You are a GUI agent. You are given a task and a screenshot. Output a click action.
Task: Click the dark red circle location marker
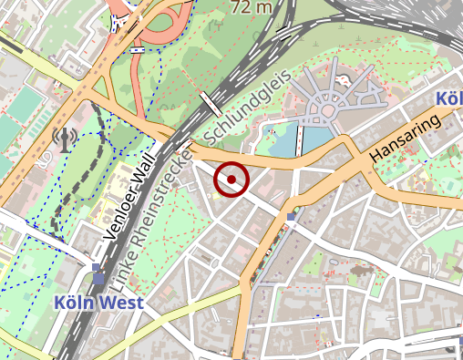point(231,180)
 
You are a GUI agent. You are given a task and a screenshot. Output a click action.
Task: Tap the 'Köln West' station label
point(98,303)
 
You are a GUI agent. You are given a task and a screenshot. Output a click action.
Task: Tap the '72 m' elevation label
point(252,7)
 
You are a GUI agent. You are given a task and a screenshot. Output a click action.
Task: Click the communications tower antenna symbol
point(64,139)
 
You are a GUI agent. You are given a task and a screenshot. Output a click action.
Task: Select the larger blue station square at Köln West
point(98,278)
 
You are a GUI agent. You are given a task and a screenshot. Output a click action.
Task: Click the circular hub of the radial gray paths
point(324,114)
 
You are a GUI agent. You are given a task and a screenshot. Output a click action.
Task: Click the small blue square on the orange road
point(292,216)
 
